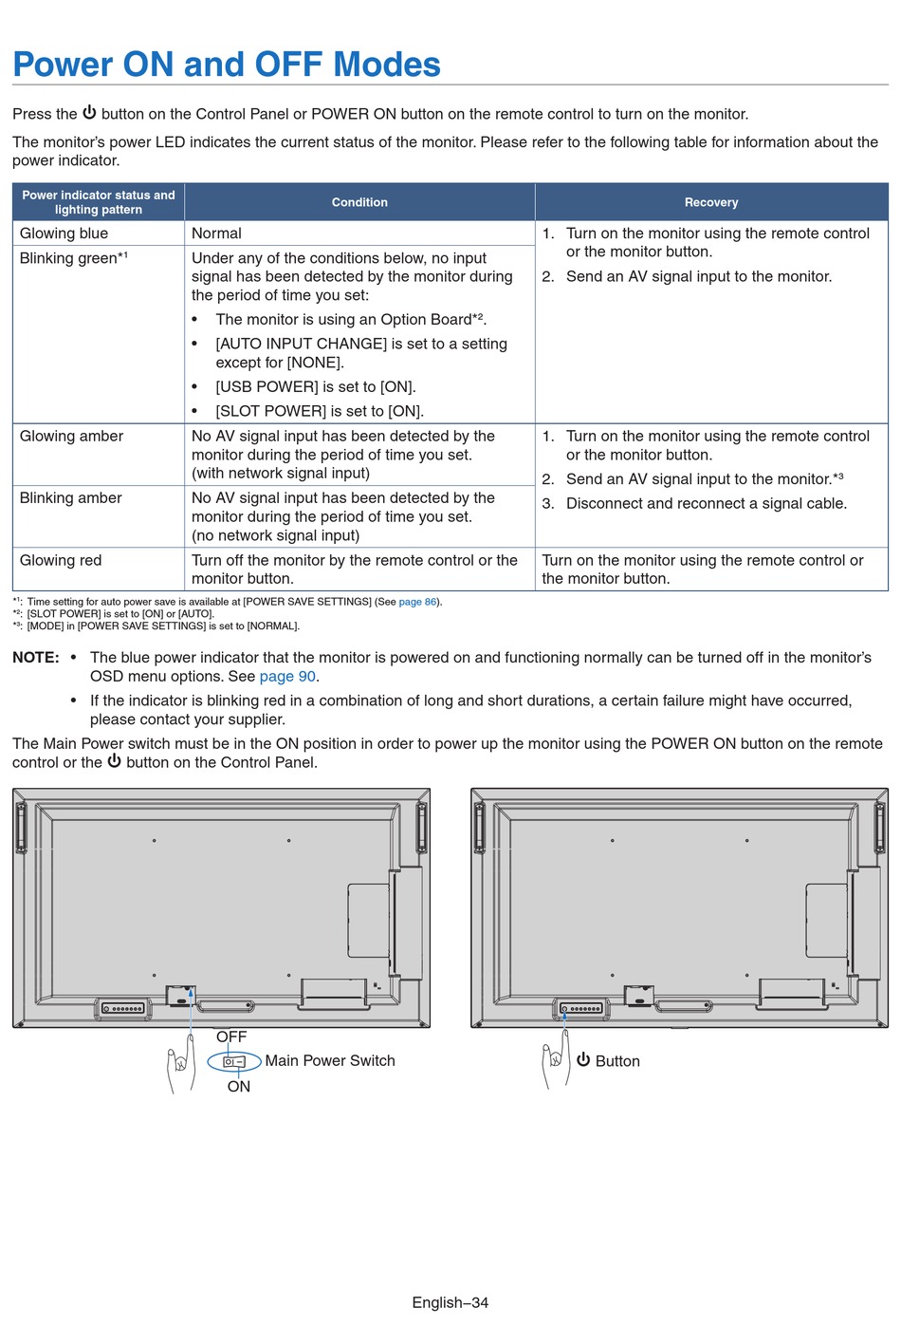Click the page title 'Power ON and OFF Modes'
tap(227, 65)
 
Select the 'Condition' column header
tap(359, 202)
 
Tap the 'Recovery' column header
tap(711, 202)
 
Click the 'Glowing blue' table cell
tap(64, 233)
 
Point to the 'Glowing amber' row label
tap(71, 437)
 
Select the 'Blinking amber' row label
tap(71, 498)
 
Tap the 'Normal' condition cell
tap(216, 233)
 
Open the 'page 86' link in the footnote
tap(417, 602)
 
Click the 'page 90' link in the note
tap(287, 677)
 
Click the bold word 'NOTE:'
tap(36, 658)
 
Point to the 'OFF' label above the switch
tap(231, 1037)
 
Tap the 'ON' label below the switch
tap(238, 1087)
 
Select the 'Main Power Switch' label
tap(330, 1061)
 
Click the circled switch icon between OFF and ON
tap(234, 1062)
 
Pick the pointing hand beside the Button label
tap(555, 1063)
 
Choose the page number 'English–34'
tap(450, 1303)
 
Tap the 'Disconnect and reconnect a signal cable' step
tap(706, 504)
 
